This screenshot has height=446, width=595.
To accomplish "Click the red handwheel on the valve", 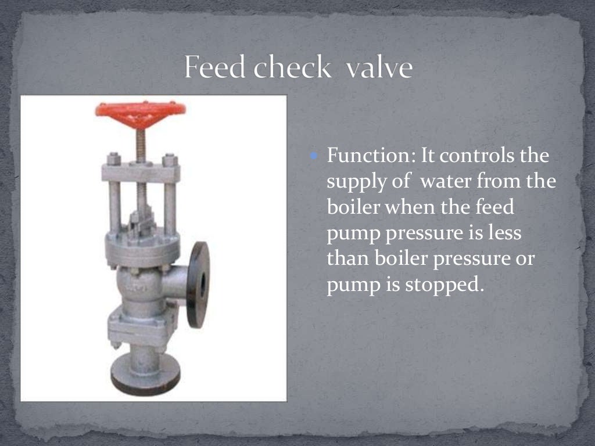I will pos(140,109).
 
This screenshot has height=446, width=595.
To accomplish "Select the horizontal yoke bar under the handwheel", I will pos(140,172).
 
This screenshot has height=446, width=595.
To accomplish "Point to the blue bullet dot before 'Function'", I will pos(314,156).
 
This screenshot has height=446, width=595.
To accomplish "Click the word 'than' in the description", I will pos(345,260).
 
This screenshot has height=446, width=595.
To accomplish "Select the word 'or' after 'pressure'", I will pos(523,260).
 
